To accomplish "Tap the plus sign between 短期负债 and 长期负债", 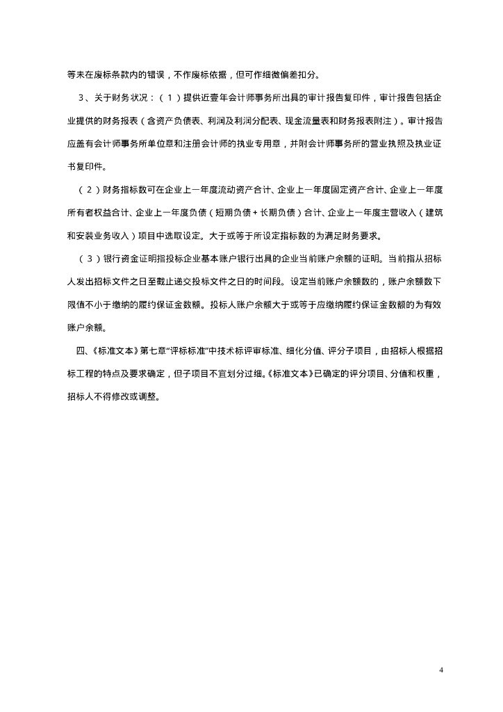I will [256, 212].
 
